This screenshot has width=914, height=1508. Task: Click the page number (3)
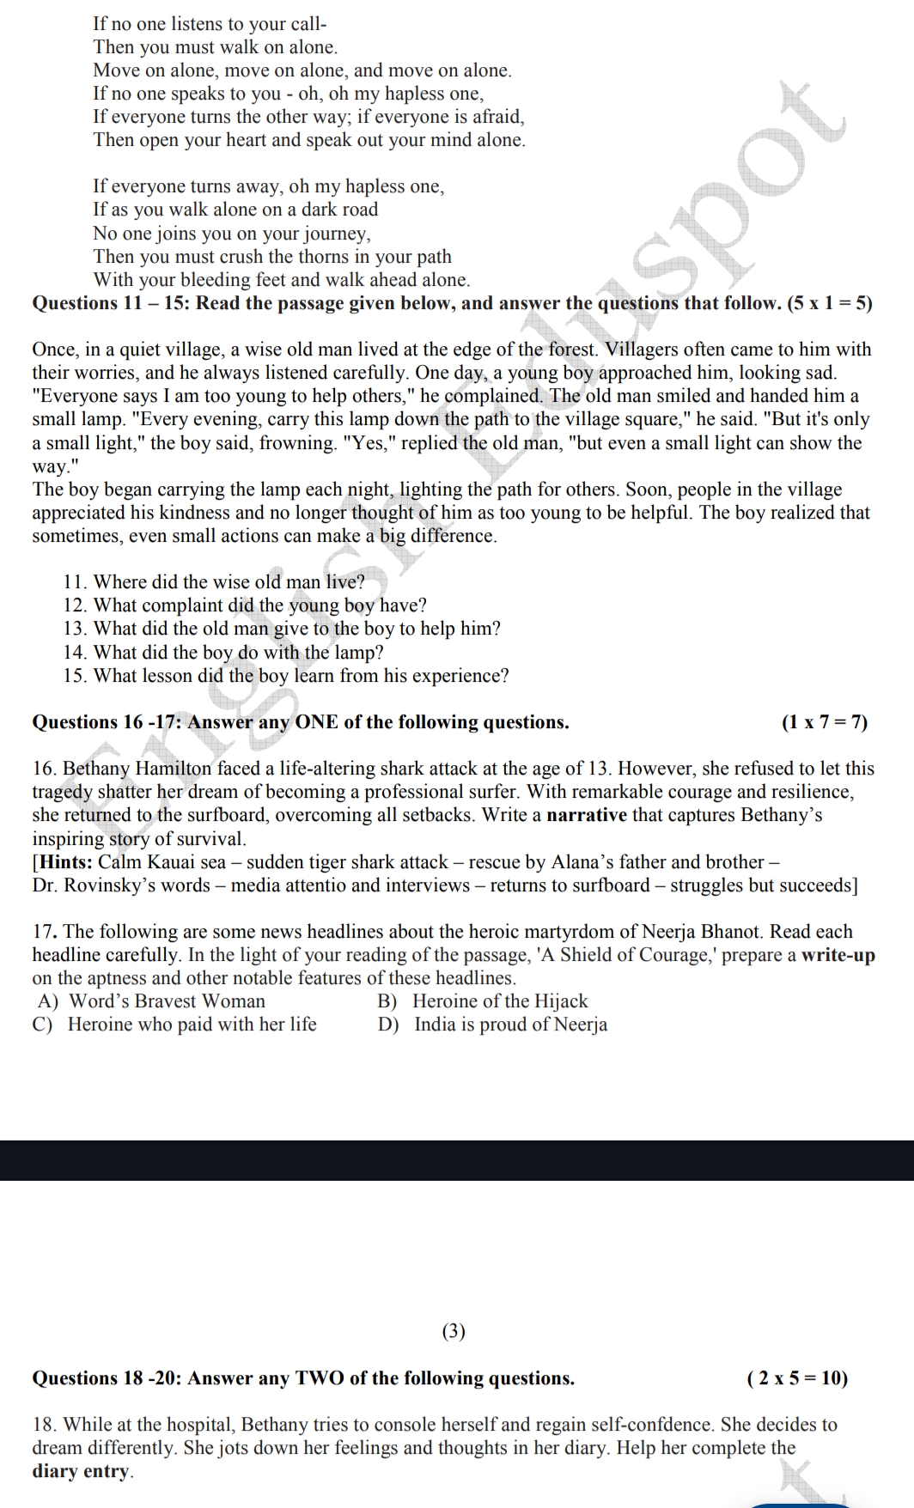453,1331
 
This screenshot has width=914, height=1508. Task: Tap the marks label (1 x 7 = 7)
824,722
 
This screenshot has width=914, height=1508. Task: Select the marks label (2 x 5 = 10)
797,1378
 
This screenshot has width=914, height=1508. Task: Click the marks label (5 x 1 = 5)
830,303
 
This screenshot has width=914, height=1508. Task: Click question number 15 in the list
75,676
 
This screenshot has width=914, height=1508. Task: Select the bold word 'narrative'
588,815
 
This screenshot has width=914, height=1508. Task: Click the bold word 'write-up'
838,955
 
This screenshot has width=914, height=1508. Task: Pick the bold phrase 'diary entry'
82,1471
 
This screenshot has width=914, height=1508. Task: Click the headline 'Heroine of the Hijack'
500,1001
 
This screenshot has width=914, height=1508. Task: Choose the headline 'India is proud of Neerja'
510,1025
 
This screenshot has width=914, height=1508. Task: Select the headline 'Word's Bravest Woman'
167,1001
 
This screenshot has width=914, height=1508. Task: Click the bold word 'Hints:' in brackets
65,862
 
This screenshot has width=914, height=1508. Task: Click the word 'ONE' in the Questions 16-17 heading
316,722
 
